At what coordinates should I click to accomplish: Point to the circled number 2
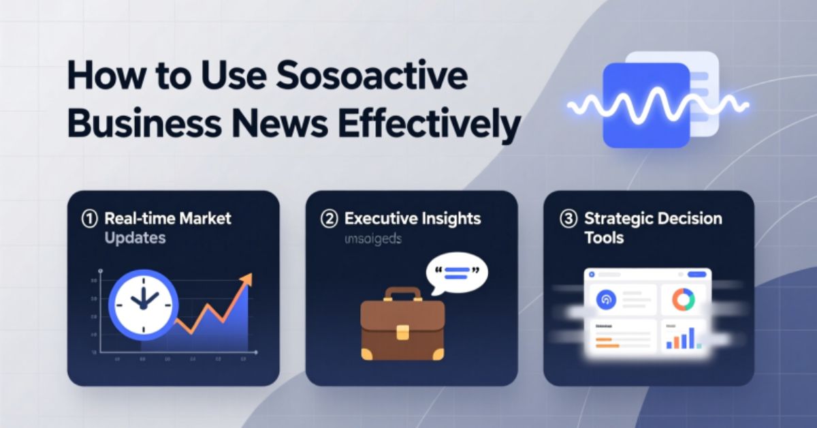(330, 219)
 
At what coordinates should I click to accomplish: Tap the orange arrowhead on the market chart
(245, 279)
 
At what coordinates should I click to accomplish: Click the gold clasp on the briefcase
(402, 331)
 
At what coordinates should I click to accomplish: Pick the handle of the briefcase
(402, 294)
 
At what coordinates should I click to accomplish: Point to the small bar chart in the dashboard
(683, 338)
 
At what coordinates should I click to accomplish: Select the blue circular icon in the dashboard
(605, 299)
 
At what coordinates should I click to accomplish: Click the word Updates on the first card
(135, 239)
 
